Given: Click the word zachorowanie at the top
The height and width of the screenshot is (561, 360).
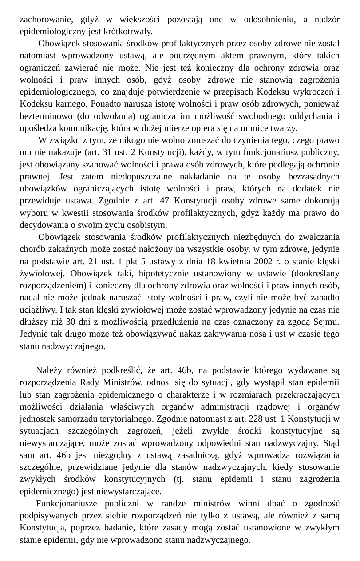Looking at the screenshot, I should (x=46, y=19).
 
